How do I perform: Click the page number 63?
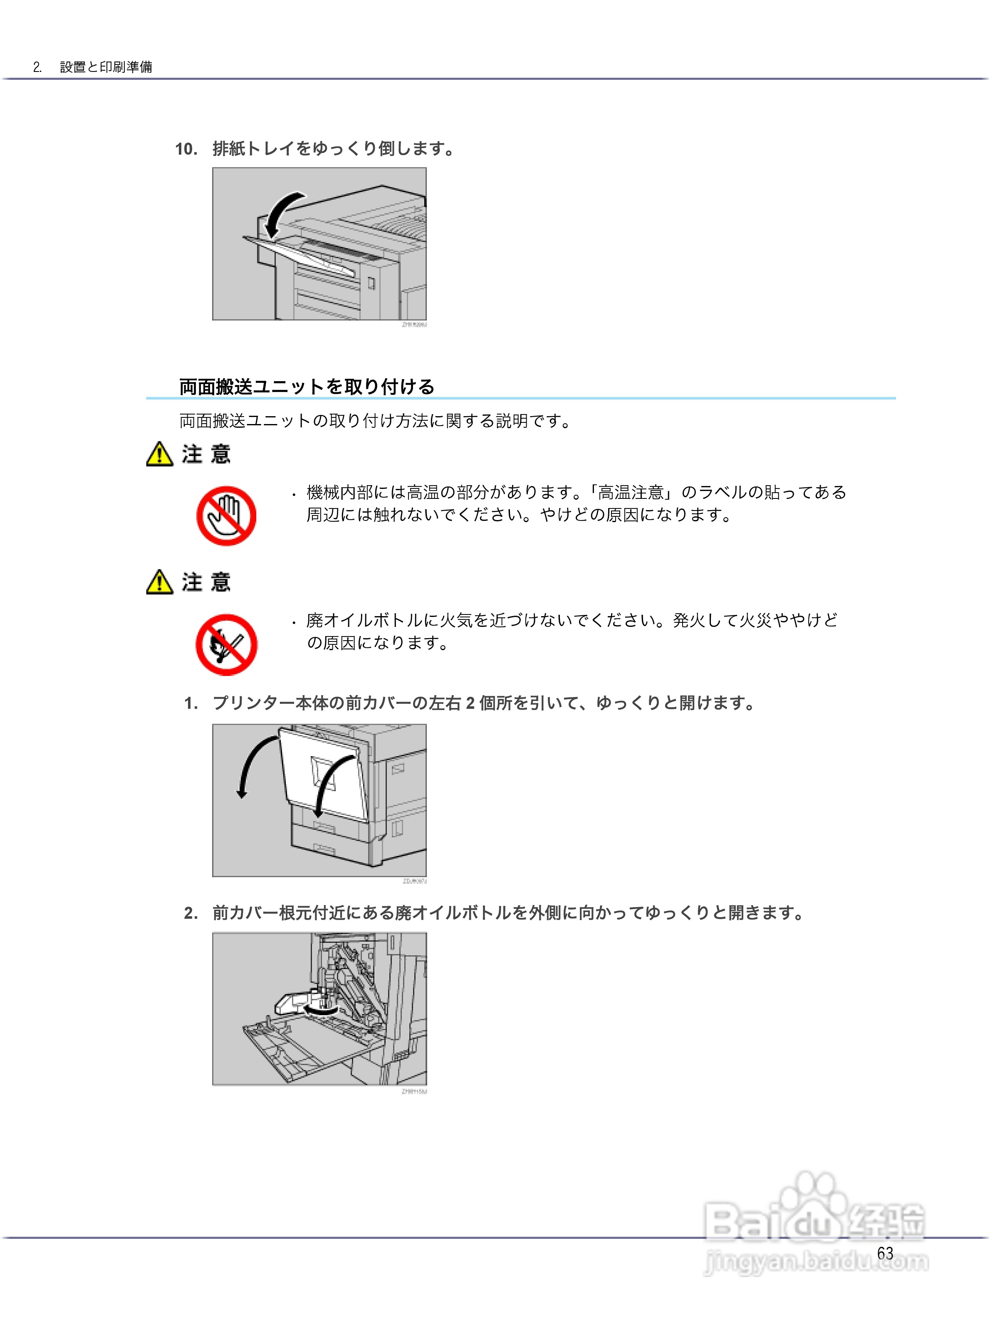(x=885, y=1253)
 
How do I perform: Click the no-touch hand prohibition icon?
(x=226, y=515)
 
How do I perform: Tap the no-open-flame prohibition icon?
(x=226, y=645)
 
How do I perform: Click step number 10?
(x=186, y=149)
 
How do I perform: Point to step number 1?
(x=191, y=703)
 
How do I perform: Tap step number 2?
(x=191, y=913)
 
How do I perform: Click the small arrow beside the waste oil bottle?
(x=320, y=1010)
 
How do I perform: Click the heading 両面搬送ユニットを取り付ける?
(x=307, y=387)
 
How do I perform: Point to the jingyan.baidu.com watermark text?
(x=816, y=1261)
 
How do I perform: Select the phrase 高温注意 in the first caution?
(x=630, y=492)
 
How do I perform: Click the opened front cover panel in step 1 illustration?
(x=324, y=774)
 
